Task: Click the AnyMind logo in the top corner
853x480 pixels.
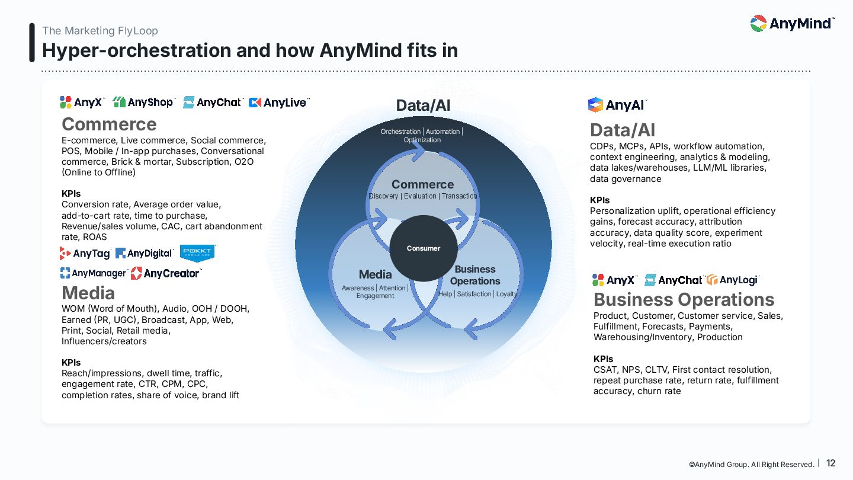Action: (x=792, y=24)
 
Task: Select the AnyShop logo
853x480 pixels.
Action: (x=143, y=103)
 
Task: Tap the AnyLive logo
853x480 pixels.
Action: (x=279, y=103)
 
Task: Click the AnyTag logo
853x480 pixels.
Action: (x=85, y=254)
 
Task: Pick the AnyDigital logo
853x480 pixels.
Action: (x=145, y=254)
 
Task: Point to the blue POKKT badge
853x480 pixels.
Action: (x=197, y=252)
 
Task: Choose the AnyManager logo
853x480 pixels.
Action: (x=94, y=273)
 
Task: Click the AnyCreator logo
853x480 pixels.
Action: (x=166, y=273)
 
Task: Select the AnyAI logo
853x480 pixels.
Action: (x=617, y=105)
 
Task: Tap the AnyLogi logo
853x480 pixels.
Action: (x=732, y=280)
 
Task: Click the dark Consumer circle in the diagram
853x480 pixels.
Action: (x=424, y=248)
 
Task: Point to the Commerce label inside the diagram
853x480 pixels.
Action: (x=422, y=184)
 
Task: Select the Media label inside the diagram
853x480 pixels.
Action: (x=375, y=274)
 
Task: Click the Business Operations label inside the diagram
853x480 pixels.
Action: (x=475, y=276)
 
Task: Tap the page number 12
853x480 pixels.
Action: (x=830, y=463)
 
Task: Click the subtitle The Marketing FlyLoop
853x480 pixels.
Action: (x=100, y=31)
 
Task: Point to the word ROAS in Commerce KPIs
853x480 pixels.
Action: (x=95, y=237)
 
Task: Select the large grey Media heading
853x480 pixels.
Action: (x=88, y=293)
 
